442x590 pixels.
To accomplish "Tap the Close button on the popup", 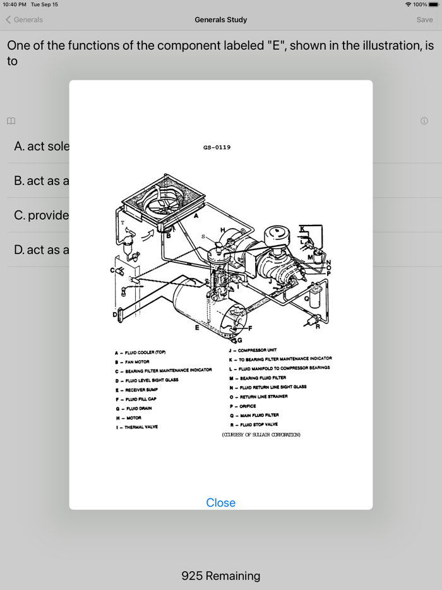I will coord(220,502).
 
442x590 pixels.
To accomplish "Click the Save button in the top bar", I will coord(424,20).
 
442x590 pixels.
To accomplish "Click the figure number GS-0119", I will coord(217,147).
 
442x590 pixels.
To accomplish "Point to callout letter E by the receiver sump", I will coord(197,327).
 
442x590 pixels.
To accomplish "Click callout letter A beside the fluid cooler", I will coord(196,215).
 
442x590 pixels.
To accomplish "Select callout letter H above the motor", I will coord(222,230).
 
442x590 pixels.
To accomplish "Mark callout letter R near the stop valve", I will coord(318,327).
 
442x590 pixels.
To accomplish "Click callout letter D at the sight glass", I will coord(115,314).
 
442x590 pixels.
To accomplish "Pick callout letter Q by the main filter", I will coord(307,299).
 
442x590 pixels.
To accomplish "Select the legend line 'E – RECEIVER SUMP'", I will coord(136,390).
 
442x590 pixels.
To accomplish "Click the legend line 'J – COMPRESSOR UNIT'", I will coord(253,350).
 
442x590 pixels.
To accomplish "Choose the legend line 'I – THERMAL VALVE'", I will coord(136,427).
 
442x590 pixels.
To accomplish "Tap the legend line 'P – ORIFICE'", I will coord(243,406).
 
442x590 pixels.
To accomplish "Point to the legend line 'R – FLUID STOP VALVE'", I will coord(254,424).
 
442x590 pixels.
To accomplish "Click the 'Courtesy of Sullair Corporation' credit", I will coord(261,435).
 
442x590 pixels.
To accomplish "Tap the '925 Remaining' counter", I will coord(220,575).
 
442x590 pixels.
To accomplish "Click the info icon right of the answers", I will coord(424,121).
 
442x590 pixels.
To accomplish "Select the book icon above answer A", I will coord(11,121).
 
